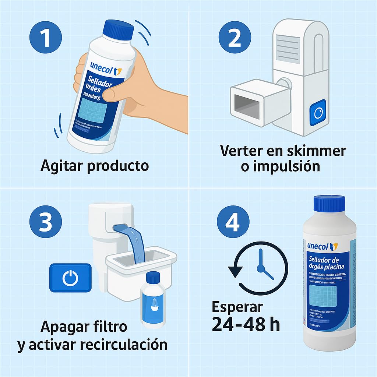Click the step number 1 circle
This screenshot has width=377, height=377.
pyautogui.click(x=45, y=38)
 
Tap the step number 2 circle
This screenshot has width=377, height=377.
pyautogui.click(x=235, y=38)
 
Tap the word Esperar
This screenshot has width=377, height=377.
pyautogui.click(x=237, y=307)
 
